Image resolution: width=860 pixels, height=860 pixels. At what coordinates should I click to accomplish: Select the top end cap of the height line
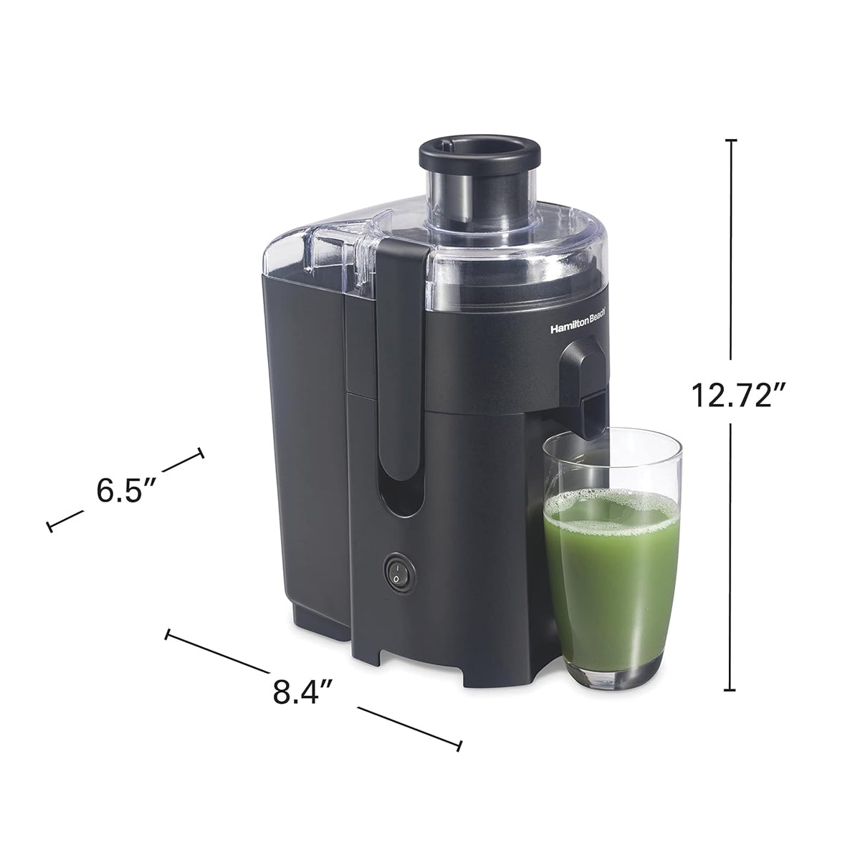point(730,140)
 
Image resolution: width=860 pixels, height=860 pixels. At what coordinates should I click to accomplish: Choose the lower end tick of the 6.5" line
point(49,527)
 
